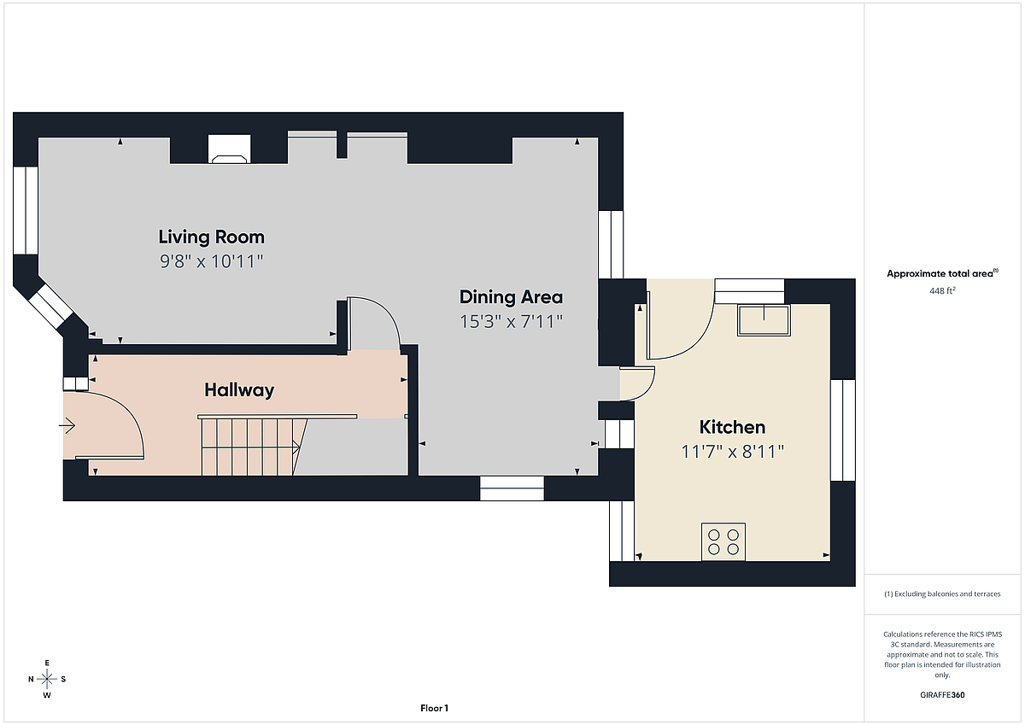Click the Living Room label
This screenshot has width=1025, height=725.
[212, 237]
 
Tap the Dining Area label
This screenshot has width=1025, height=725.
[511, 297]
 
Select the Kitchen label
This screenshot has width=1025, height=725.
[732, 427]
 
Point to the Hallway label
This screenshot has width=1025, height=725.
[239, 390]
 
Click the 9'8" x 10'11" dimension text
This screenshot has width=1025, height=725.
[212, 261]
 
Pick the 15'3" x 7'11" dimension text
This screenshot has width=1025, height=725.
[511, 322]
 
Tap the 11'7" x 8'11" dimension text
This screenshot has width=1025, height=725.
[732, 452]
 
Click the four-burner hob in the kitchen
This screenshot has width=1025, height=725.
[723, 542]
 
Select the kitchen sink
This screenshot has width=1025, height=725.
[764, 320]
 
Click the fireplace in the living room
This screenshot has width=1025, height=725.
[229, 149]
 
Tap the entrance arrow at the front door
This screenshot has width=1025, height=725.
[67, 426]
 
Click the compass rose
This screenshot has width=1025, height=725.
[47, 679]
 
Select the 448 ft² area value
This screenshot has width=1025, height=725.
[943, 290]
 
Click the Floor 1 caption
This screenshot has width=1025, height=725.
[434, 709]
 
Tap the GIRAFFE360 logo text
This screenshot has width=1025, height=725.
[943, 695]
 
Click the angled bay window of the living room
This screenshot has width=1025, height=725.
[50, 306]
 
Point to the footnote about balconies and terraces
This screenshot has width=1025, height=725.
[943, 593]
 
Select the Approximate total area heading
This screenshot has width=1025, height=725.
[943, 273]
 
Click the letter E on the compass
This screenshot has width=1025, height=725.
[47, 663]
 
